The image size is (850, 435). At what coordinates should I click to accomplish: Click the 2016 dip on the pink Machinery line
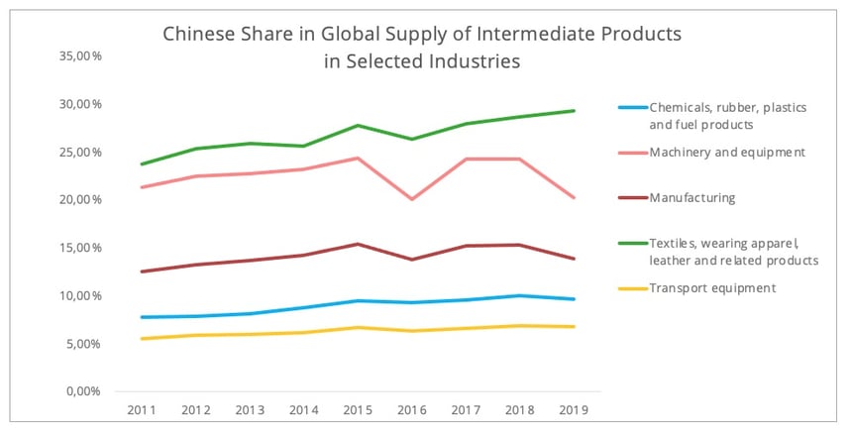[x=411, y=199]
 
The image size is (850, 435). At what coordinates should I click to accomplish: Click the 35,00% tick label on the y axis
[x=81, y=56]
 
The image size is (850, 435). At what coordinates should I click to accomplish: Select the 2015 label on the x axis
[x=359, y=410]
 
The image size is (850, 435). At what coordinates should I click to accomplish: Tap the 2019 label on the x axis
[x=575, y=410]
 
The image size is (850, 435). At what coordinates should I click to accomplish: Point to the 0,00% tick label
[x=84, y=391]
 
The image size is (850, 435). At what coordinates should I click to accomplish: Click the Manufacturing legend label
[x=692, y=198]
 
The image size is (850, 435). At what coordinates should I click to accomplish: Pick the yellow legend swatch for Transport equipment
[x=631, y=288]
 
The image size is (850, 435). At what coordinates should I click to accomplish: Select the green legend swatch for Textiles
[x=631, y=243]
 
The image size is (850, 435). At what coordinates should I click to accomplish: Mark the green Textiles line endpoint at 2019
[x=575, y=111]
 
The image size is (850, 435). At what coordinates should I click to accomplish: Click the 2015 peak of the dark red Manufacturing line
[x=359, y=244]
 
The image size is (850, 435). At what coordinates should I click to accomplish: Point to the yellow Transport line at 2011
[x=143, y=339]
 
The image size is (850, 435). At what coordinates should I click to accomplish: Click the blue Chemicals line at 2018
[x=520, y=295]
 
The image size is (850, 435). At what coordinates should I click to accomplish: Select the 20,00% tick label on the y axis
[x=81, y=200]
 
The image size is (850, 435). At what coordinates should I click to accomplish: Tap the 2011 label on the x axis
[x=143, y=410]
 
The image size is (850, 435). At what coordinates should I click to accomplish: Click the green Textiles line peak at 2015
[x=359, y=126]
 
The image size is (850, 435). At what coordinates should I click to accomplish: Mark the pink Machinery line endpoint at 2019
[x=575, y=198]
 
